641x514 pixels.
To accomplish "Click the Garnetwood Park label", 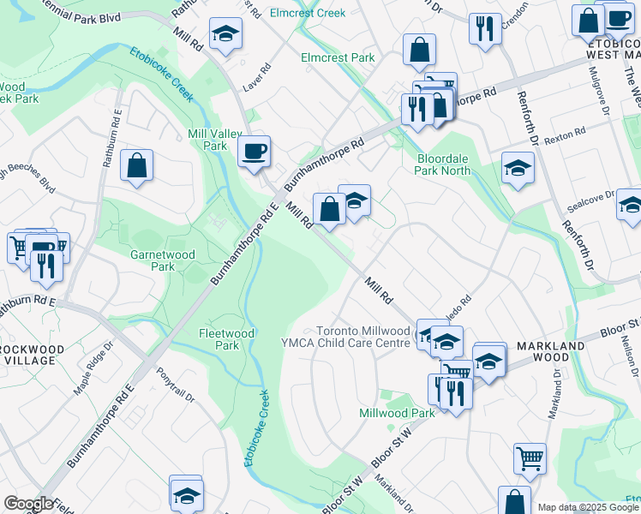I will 153,260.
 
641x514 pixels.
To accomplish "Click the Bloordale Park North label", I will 443,164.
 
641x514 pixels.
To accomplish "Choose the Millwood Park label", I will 398,413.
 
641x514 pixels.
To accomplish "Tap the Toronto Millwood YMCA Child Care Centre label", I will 362,337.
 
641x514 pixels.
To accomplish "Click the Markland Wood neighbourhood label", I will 551,351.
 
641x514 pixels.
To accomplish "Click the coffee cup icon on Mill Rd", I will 254,152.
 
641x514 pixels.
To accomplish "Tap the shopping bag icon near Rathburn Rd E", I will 137,165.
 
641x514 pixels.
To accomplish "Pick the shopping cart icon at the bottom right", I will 530,458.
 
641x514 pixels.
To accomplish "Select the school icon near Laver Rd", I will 226,33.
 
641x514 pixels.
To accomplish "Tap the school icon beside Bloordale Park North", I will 518,169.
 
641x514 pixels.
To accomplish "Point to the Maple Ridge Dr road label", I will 93,369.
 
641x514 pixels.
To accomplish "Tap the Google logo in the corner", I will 28,504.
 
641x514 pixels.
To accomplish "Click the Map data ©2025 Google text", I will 587,507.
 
